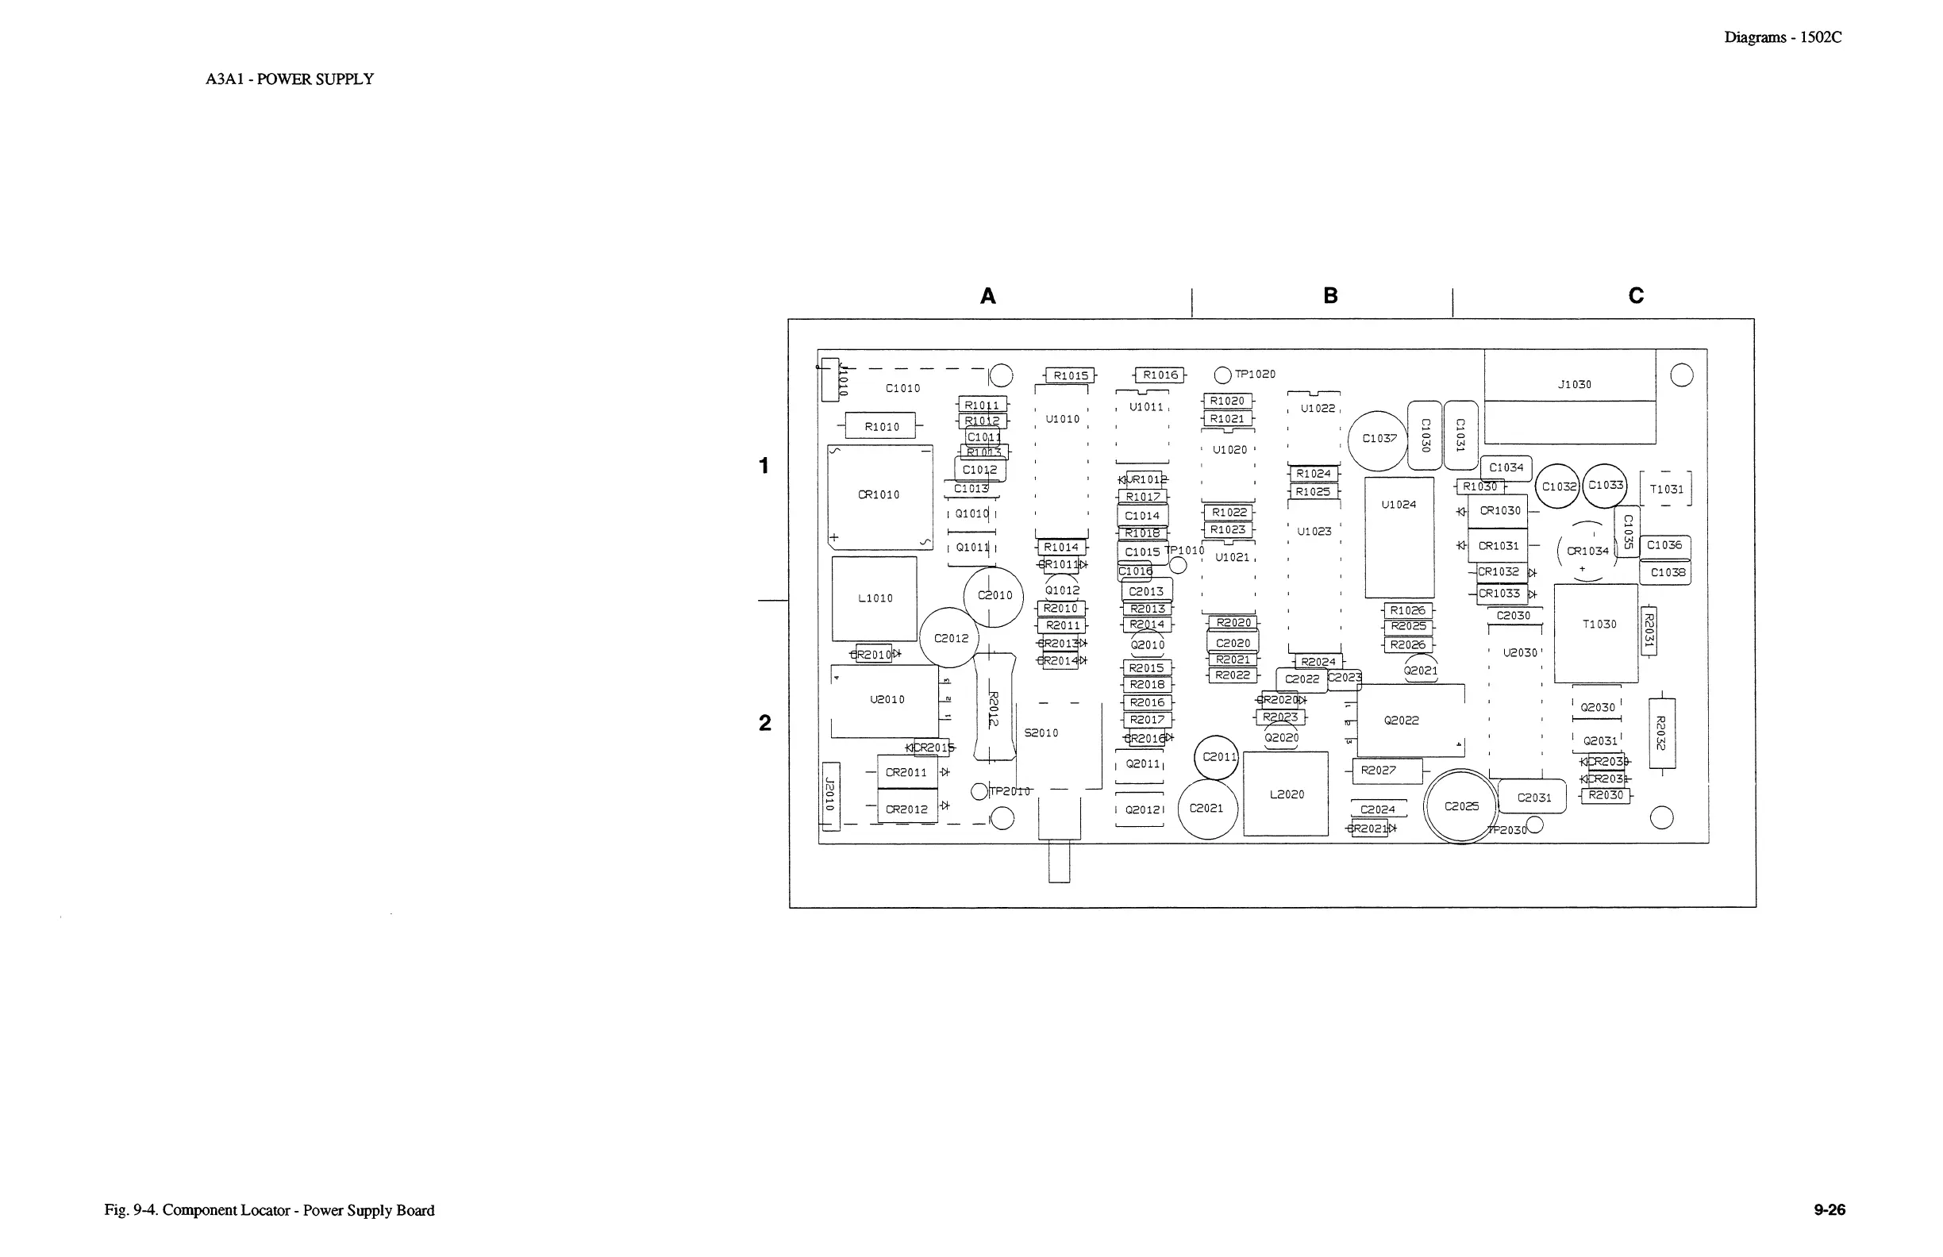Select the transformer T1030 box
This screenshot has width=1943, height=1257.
point(1596,632)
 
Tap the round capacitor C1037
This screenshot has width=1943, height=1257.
point(1379,440)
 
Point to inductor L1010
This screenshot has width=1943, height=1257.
point(875,598)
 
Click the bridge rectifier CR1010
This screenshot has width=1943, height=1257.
point(880,496)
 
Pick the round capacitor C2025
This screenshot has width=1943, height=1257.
point(1461,806)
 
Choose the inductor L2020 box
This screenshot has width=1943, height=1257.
point(1286,794)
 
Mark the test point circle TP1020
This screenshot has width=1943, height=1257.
point(1222,375)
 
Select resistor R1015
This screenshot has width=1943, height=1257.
point(1070,375)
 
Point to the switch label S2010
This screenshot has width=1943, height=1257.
point(1041,733)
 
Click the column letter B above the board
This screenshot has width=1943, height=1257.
point(1330,295)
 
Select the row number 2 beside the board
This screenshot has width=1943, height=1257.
point(765,722)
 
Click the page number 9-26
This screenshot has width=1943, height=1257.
point(1829,1209)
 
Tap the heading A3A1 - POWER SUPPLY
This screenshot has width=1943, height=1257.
point(290,79)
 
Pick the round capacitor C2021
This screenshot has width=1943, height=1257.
point(1207,809)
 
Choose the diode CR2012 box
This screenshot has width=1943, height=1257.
point(907,809)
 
